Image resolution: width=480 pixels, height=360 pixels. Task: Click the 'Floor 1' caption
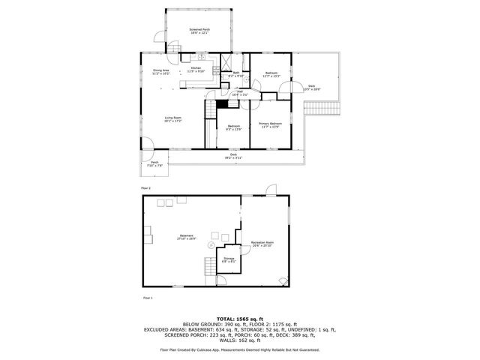147,298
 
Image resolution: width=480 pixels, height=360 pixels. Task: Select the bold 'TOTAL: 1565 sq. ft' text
239,317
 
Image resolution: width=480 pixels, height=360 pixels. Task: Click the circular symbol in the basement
212,245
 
